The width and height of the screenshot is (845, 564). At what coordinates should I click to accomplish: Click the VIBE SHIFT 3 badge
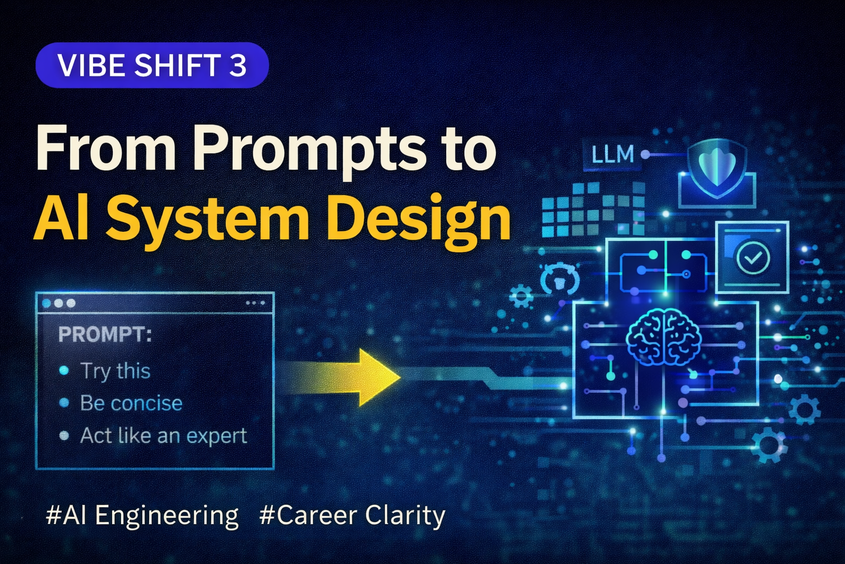(152, 66)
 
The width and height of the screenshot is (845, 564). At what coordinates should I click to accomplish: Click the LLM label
(612, 155)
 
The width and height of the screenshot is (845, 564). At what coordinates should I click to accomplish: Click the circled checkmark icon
(753, 257)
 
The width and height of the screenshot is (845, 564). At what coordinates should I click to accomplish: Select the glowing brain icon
(663, 337)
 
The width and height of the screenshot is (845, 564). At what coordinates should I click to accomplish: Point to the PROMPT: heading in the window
(105, 334)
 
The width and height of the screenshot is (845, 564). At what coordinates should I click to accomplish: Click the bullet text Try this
(116, 371)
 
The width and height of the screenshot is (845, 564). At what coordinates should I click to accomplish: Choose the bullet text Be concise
(131, 403)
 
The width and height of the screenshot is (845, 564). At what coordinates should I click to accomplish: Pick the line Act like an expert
(163, 436)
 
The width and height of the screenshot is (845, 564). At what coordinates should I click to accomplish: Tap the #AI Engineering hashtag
(142, 516)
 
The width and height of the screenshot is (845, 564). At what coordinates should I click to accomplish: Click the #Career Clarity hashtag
(352, 516)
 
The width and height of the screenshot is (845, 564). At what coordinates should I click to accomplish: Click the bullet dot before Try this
(64, 371)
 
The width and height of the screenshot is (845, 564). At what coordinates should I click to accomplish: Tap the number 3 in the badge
(237, 66)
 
